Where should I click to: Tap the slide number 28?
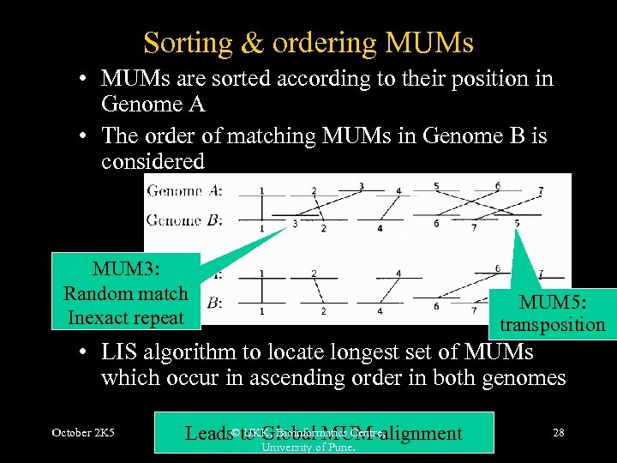click(x=558, y=433)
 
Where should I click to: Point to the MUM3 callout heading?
click(x=126, y=268)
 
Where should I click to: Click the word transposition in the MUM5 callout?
click(x=552, y=325)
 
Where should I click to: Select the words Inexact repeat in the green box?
click(x=126, y=318)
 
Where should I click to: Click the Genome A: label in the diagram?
click(x=185, y=191)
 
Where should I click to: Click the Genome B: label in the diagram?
click(x=185, y=220)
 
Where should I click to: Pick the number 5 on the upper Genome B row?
click(x=516, y=225)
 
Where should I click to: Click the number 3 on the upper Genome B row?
click(x=295, y=225)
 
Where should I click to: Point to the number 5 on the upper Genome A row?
click(x=436, y=185)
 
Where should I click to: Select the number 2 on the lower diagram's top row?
click(x=314, y=273)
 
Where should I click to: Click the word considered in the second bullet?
click(x=153, y=161)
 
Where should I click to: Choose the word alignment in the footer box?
click(x=420, y=434)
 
